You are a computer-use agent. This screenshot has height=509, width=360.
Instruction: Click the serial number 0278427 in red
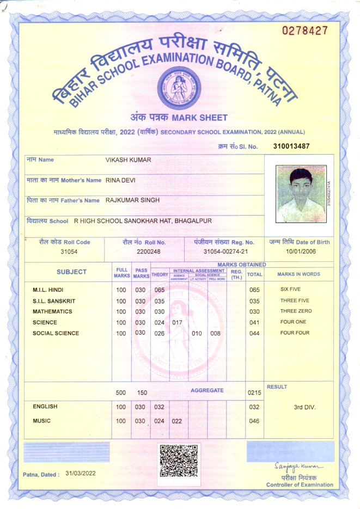(304, 30)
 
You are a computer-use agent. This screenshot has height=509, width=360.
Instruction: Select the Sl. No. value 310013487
(291, 146)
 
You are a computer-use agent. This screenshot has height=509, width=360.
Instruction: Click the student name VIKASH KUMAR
(128, 160)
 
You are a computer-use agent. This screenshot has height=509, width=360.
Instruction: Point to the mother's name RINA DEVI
(120, 180)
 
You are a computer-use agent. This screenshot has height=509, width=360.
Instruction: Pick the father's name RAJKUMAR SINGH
(132, 200)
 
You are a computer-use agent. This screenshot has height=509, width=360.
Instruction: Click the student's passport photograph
(301, 192)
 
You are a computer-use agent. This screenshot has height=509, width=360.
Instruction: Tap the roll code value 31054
(69, 252)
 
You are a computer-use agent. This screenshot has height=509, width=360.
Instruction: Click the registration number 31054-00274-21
(225, 252)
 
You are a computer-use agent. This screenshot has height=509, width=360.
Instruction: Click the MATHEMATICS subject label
(52, 312)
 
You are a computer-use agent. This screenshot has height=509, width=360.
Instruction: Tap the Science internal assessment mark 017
(177, 323)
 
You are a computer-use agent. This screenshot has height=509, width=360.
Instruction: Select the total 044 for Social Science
(254, 333)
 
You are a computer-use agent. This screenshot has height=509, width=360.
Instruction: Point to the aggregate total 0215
(254, 393)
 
